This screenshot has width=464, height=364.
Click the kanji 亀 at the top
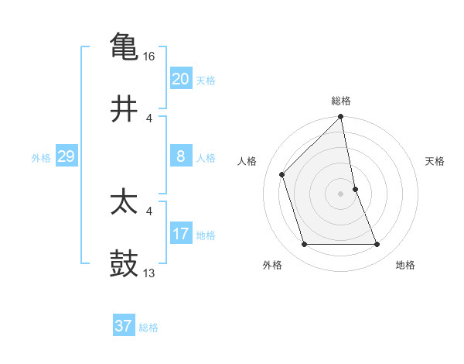click(124, 46)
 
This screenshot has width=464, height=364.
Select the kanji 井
click(124, 108)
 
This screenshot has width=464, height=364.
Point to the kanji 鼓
click(124, 264)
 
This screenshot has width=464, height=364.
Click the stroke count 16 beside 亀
click(150, 57)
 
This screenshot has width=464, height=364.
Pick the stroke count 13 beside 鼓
click(150, 273)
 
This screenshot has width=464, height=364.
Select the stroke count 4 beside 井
click(149, 118)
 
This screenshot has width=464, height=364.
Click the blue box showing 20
click(180, 79)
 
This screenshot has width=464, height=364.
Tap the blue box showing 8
click(180, 156)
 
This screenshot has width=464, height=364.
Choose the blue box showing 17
click(180, 234)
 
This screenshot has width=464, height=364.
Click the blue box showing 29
click(66, 156)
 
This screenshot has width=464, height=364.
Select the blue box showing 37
click(123, 326)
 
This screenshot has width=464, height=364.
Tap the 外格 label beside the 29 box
click(41, 158)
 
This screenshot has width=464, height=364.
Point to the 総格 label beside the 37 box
click(148, 328)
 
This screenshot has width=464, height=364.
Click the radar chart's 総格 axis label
click(341, 101)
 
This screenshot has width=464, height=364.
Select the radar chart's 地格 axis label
click(405, 266)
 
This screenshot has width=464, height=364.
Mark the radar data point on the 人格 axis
click(282, 174)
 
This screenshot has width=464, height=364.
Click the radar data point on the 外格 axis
click(305, 245)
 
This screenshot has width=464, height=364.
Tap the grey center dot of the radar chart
click(341, 194)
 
